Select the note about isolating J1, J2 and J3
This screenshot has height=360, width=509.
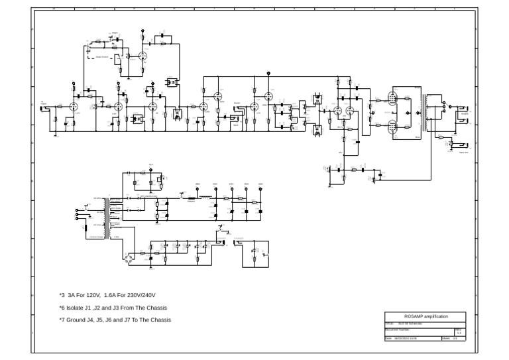click(113, 308)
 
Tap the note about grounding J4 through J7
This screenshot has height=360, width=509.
click(115, 320)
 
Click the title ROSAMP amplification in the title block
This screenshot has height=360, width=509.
click(425, 317)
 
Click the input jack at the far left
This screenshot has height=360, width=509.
click(45, 107)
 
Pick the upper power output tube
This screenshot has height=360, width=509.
click(392, 100)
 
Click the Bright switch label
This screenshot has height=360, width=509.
click(115, 32)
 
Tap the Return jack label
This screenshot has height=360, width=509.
click(237, 103)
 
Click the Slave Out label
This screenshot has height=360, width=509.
click(463, 152)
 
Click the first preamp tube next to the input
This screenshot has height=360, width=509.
click(74, 105)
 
